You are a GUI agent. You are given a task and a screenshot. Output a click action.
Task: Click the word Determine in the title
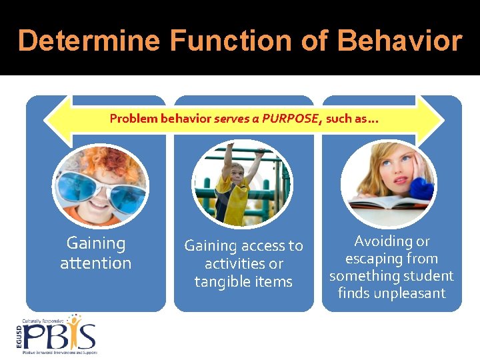[x=89, y=41]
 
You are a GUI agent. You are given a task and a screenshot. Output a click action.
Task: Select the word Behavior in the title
[x=399, y=41]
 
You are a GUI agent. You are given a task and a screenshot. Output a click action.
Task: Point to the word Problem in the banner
[x=133, y=119]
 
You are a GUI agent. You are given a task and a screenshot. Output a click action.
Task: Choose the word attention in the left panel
[x=95, y=263]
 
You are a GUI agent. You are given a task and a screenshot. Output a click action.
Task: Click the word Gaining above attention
[x=95, y=243]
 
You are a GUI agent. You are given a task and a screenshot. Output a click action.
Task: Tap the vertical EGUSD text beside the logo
[x=17, y=337]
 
